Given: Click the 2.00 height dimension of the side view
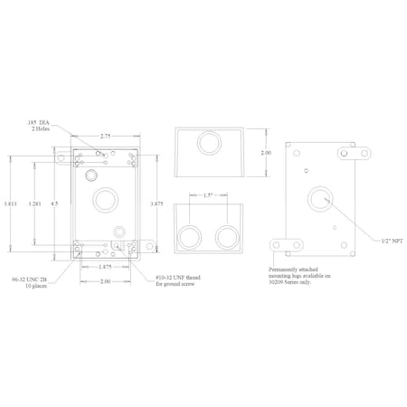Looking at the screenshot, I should click(266, 154).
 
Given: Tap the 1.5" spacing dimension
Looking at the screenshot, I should click(207, 194).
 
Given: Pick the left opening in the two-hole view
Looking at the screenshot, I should click(192, 238).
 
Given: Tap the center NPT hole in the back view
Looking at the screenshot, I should click(319, 199).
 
